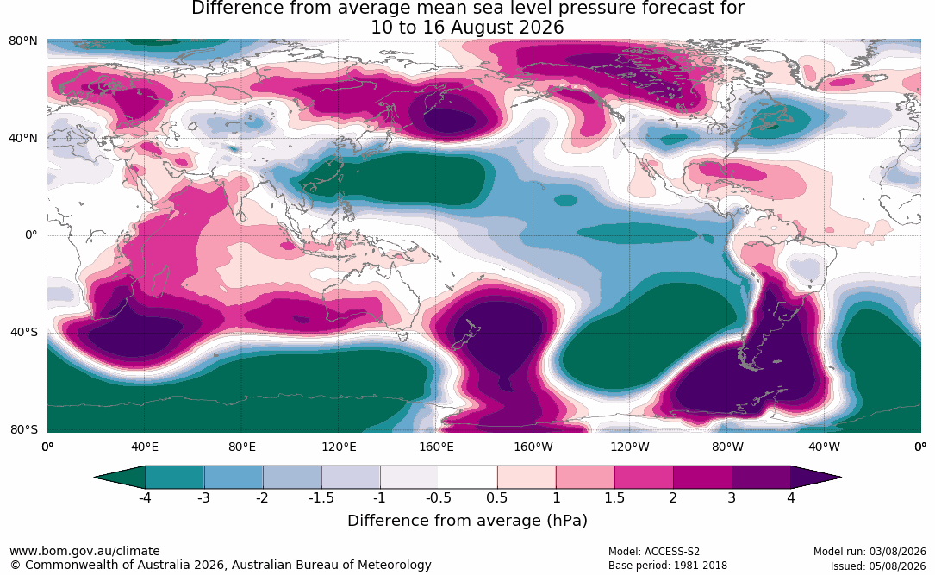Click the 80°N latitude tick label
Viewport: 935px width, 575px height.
pyautogui.click(x=22, y=41)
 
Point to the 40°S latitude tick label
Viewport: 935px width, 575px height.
pyautogui.click(x=24, y=332)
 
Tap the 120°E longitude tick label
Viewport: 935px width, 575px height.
pyautogui.click(x=339, y=447)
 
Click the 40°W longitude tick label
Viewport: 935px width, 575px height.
pyautogui.click(x=824, y=447)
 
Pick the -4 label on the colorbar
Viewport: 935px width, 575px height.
pyautogui.click(x=144, y=497)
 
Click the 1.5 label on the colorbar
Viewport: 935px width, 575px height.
pyautogui.click(x=614, y=497)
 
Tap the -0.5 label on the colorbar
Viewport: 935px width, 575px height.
pyautogui.click(x=439, y=497)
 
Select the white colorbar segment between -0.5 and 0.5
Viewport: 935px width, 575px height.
pyautogui.click(x=468, y=478)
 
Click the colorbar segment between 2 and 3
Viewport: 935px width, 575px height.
pyautogui.click(x=702, y=478)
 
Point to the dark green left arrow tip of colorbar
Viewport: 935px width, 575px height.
pyautogui.click(x=96, y=478)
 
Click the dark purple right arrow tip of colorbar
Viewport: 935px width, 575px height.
pyautogui.click(x=840, y=478)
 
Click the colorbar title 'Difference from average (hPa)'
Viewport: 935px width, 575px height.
pyautogui.click(x=467, y=521)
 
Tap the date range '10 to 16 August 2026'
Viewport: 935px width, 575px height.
pyautogui.click(x=467, y=28)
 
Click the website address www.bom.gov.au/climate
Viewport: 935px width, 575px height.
pyautogui.click(x=84, y=551)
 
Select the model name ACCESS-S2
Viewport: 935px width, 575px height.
pyautogui.click(x=671, y=552)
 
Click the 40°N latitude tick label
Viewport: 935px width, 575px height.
pyautogui.click(x=22, y=139)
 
